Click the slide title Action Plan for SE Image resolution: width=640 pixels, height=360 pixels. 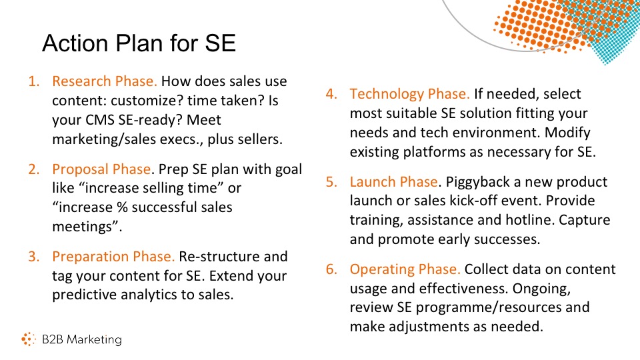point(139,43)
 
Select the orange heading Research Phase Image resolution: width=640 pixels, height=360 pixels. point(105,81)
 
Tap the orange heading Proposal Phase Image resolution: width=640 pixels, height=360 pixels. point(101,169)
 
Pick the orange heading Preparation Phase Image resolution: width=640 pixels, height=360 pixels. point(113,257)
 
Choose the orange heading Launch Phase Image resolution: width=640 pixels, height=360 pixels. point(394,181)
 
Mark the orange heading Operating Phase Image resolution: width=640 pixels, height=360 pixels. point(405,269)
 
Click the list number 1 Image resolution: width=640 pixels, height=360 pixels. point(34,81)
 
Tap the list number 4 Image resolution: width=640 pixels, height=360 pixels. point(331,94)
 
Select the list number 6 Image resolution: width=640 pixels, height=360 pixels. point(331,269)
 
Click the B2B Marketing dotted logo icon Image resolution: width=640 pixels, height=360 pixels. point(29,339)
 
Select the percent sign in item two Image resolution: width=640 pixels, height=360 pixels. point(122,207)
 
